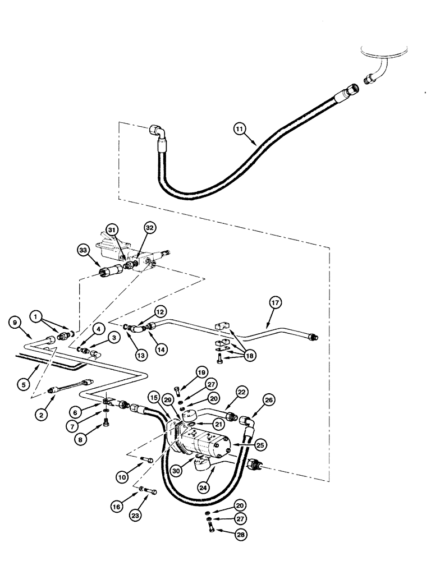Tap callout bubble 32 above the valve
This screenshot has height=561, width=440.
pos(149,229)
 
